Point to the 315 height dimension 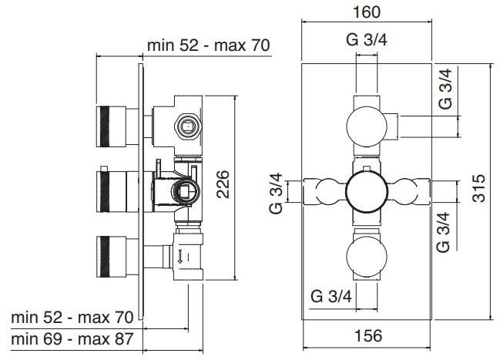478,187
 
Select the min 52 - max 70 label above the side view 208,45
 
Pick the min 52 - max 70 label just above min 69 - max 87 72,317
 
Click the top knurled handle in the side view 110,126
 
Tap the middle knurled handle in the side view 110,189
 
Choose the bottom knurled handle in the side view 110,252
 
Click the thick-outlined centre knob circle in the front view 366,189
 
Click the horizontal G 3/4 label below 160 366,42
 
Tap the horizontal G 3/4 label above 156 332,295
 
